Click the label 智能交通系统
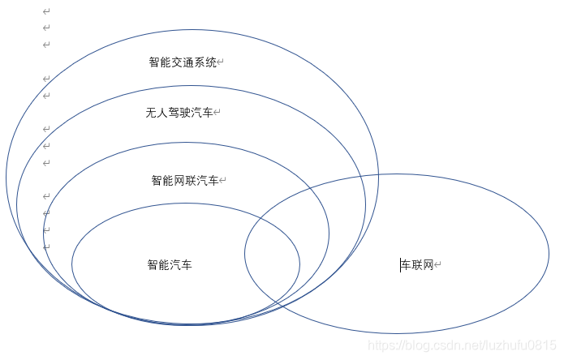183,62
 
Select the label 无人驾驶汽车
179,113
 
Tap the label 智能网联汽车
184,181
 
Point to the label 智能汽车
170,265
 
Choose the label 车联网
418,265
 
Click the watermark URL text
462,345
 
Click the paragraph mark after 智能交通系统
221,62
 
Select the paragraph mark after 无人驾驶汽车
217,113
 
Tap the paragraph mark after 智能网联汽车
223,181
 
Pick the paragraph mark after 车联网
439,265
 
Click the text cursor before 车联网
400,265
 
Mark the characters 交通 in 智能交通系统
183,62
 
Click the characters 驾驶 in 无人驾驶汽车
179,113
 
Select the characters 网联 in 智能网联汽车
185,181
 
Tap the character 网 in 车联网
429,265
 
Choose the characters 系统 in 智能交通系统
206,62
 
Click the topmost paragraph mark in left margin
46,11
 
